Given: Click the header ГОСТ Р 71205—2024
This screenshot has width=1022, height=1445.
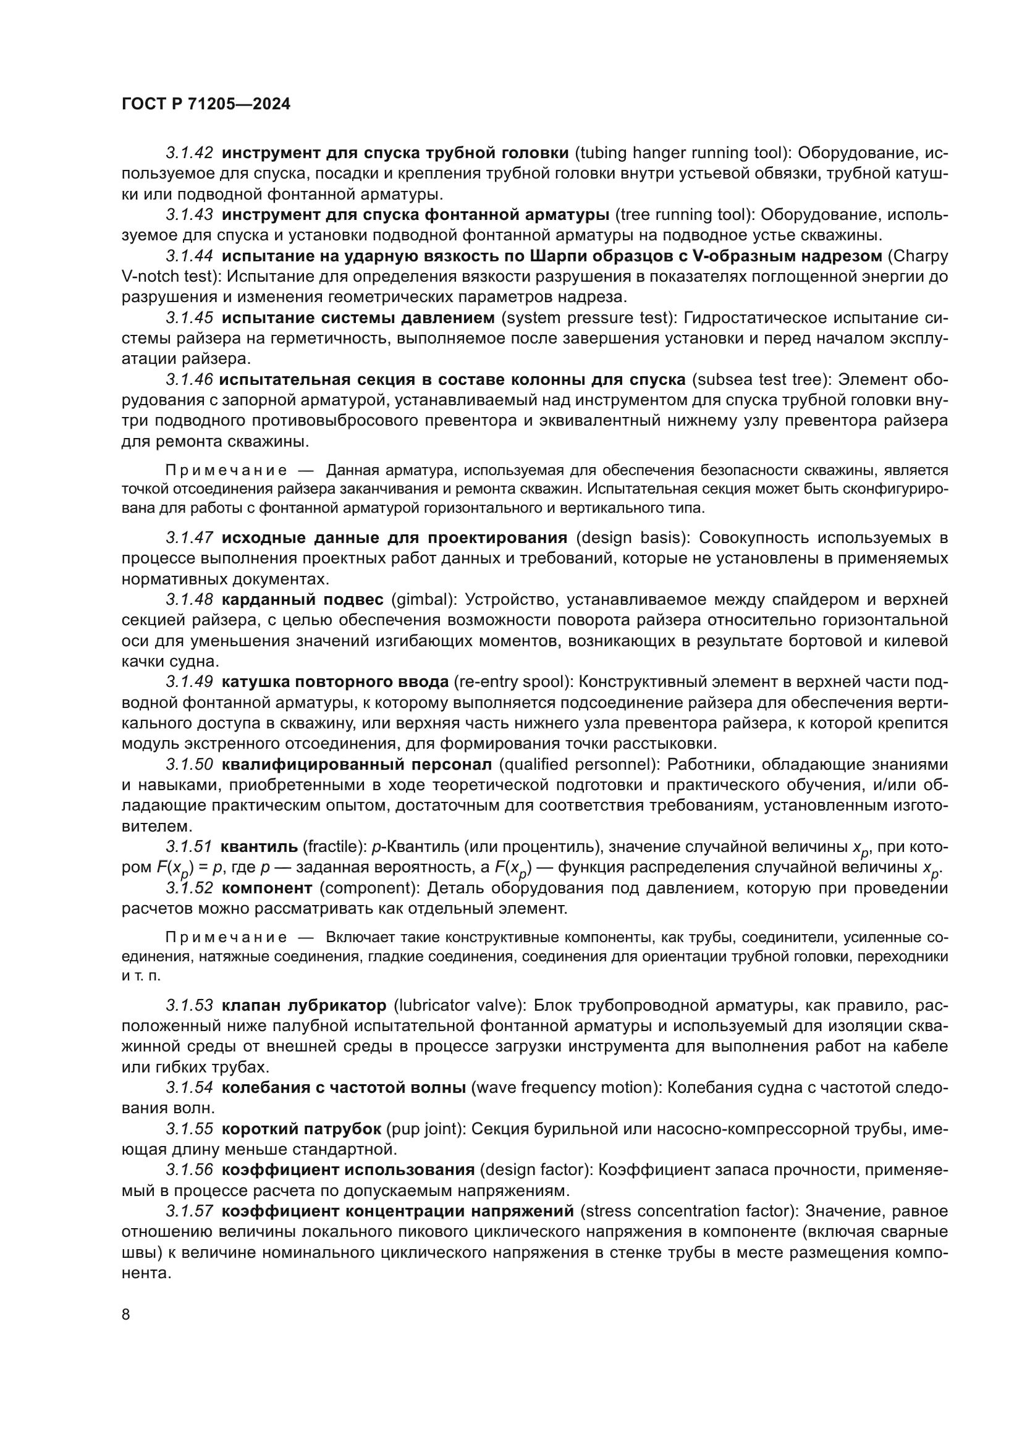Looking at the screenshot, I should tap(206, 104).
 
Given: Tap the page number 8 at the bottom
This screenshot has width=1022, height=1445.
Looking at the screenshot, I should tap(126, 1315).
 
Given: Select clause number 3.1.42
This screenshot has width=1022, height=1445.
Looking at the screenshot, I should tap(190, 153).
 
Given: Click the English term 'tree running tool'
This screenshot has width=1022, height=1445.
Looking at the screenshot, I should tap(685, 214).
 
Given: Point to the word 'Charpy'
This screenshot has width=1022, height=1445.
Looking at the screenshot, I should tap(920, 256).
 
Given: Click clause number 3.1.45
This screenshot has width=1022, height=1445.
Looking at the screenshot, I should tap(190, 318).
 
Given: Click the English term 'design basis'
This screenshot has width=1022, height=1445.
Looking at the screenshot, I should tap(631, 537).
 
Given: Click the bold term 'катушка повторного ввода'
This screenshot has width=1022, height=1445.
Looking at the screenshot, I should tap(335, 681).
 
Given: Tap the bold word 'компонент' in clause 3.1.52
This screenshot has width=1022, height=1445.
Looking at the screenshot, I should tap(267, 888).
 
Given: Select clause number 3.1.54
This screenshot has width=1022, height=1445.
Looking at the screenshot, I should tap(190, 1087).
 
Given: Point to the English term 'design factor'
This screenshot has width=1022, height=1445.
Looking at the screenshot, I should tap(535, 1170).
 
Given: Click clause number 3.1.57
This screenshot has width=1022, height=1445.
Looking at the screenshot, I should tap(190, 1211).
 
